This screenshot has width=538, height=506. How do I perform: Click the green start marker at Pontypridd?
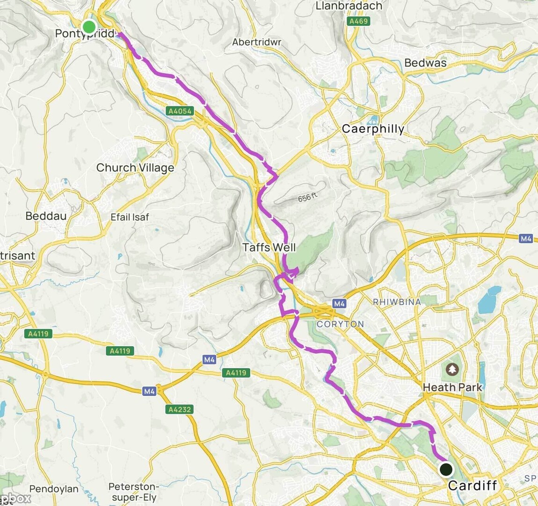coord(89,26)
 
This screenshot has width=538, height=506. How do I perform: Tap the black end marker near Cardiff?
coord(446,469)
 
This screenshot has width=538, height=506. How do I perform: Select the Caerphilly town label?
coord(373,129)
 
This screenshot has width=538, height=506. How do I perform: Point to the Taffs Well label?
coord(269,247)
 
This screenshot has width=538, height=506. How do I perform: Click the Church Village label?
coord(135,168)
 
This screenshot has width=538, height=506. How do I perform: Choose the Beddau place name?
coord(46,216)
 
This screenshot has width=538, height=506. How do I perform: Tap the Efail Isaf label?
coord(130,217)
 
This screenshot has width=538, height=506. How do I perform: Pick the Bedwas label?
coord(425,63)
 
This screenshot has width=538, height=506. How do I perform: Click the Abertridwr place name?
coord(257,42)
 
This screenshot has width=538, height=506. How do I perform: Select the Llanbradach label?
coord(349,6)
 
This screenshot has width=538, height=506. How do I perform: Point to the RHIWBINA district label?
coord(397,302)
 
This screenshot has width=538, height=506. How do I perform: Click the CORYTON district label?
coord(340,324)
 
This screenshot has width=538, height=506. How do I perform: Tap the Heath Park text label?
coord(452,387)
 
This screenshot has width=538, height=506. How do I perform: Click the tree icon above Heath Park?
coord(452,370)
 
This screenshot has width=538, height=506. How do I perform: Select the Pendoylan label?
coord(54,489)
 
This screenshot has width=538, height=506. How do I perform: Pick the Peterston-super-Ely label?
coord(134,492)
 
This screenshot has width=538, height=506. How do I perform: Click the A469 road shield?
coord(359,21)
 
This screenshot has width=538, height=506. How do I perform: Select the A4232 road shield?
coord(179,409)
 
